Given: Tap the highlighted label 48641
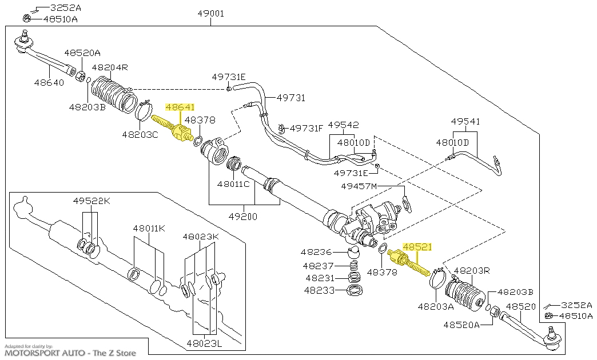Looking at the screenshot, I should (180, 107).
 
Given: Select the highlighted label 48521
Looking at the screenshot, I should (417, 247).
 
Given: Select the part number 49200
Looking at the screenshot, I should (243, 217).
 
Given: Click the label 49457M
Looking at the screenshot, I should (359, 186).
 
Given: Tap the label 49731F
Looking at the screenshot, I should (307, 128).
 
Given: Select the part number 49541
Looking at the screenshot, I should (465, 121).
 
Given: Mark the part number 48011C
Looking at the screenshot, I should (233, 184).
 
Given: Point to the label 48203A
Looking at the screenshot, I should (435, 306).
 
